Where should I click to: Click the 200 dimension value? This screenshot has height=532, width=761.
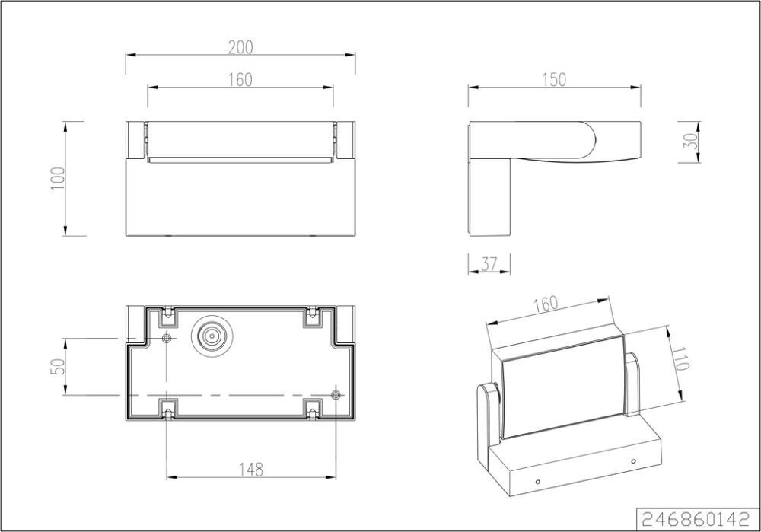pos(240,47)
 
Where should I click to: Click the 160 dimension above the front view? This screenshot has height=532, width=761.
pos(240,80)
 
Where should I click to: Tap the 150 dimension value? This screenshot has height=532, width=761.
pos(554,80)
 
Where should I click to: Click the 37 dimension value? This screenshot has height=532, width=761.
pos(489,264)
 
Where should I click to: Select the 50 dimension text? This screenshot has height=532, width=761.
pos(57,367)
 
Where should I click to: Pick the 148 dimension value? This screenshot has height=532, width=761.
pos(251,470)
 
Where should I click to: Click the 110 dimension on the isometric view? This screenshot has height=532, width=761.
pos(681,358)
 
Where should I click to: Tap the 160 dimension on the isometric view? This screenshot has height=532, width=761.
pos(546,304)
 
